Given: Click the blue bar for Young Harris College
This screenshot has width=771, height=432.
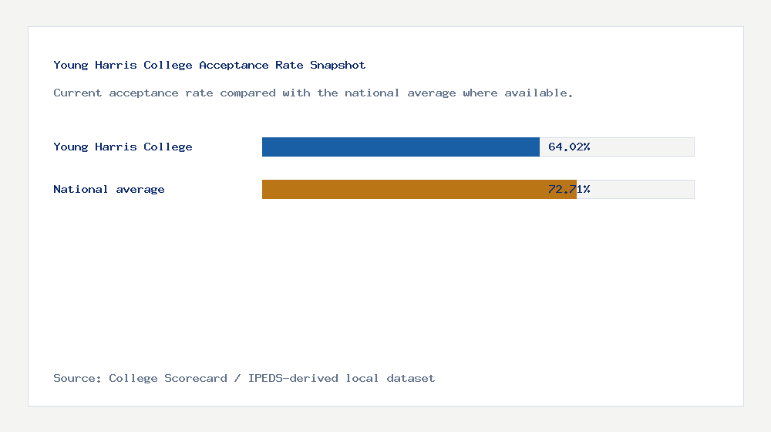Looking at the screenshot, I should pos(400,147).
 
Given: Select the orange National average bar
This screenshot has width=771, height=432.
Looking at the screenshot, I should pos(419,189).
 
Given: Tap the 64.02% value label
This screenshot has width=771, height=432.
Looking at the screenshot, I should pos(569,147).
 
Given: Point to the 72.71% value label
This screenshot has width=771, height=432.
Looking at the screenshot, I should pos(569,189).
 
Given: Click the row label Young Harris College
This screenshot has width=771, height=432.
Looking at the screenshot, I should pos(123,147).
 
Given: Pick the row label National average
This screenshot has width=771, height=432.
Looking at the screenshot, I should pos(109,189).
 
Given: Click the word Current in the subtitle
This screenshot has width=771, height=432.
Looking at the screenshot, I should pos(78,93).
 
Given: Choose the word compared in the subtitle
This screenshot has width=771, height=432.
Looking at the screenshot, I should pos(247,93).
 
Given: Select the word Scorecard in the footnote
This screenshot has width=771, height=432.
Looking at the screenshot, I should pos(196,378).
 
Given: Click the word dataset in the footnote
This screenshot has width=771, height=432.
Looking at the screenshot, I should pos(411,378).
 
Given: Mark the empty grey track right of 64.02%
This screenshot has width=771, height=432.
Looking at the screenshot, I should pos(644,147).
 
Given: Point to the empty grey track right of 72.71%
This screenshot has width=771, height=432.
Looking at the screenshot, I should pos(644,189).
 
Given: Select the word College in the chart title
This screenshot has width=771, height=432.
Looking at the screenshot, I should pos(168,65).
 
